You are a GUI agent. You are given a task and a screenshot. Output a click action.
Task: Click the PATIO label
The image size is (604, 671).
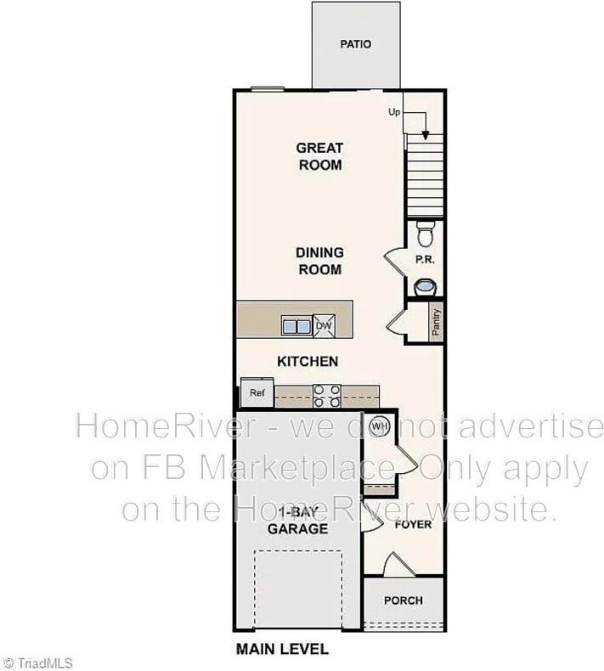click(356, 44)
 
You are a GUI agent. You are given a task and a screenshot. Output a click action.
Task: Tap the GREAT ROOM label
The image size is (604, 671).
click(319, 156)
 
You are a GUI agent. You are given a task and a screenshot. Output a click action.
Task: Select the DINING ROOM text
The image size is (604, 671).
click(319, 261)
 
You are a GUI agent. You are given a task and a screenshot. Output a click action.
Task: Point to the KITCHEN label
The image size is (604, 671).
click(308, 361)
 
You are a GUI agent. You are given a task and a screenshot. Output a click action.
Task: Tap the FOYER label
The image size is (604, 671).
click(413, 524)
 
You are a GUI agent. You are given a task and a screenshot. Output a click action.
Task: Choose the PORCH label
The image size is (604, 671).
click(404, 601)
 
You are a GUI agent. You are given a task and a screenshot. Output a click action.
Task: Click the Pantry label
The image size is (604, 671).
click(436, 323)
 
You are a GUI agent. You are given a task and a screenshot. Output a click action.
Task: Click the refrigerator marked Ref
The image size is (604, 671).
click(256, 393)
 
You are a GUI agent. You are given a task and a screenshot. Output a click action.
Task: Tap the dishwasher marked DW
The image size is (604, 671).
click(324, 325)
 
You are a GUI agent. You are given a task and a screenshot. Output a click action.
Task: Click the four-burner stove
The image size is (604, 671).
click(328, 395)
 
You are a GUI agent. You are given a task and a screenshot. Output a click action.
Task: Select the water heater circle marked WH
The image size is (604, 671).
click(379, 426)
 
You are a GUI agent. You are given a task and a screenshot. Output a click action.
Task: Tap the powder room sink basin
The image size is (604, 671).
click(423, 288)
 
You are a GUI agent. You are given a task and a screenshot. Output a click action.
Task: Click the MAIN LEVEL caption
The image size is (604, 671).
click(281, 650)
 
